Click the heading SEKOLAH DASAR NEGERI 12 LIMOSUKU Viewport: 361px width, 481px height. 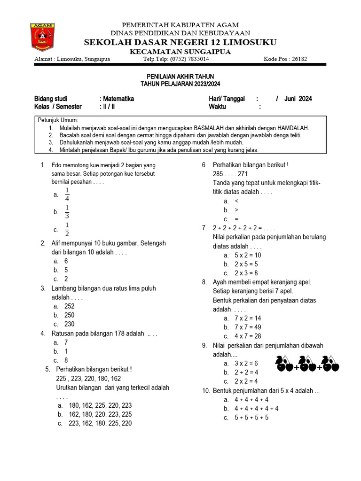pos(180,42)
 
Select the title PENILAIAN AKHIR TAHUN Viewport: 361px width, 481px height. pos(180,76)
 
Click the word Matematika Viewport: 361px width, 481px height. pos(118,99)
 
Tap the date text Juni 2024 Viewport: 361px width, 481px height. pos(298,99)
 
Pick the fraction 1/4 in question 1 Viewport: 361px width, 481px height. pos(67,194)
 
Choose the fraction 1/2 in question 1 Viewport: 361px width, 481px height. pos(67,230)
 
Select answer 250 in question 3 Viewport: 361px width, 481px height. pos(69,315)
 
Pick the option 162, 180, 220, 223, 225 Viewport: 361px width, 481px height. pos(100,414)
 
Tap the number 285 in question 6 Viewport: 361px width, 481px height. pos(220,174)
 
